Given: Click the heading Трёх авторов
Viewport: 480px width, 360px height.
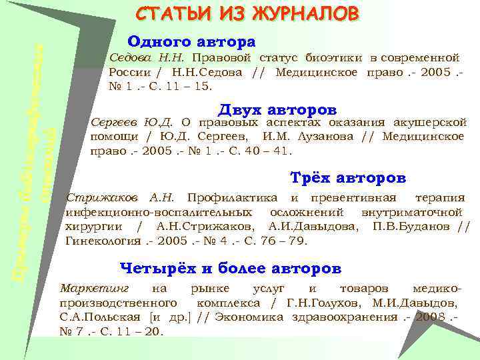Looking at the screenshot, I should [x=349, y=178].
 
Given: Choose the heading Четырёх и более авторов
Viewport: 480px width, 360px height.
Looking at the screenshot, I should [x=230, y=268].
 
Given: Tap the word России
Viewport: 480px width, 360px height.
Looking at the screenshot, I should [x=129, y=72].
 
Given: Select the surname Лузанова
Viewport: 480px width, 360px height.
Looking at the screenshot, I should [x=324, y=137].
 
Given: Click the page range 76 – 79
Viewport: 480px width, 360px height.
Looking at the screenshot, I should [x=288, y=240].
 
